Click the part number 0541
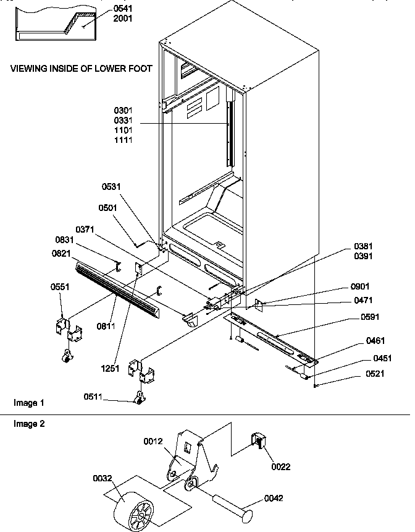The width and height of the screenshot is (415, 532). (x=123, y=9)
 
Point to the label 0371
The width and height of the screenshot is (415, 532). (x=86, y=230)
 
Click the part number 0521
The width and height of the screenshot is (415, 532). (x=375, y=374)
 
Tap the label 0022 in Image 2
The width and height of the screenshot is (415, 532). (x=280, y=466)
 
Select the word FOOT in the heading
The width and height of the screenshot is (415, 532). (x=140, y=68)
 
